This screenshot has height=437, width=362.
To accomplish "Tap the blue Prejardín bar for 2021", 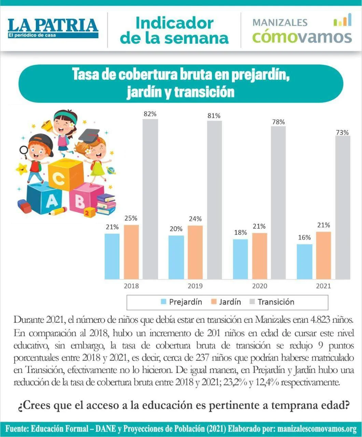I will (x=304, y=262).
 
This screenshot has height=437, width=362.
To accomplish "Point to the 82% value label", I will (x=150, y=114).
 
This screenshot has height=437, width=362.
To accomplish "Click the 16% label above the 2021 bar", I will (x=304, y=238).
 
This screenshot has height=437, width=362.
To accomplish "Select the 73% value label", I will (x=342, y=132).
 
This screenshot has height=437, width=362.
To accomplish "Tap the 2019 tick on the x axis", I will (x=195, y=286).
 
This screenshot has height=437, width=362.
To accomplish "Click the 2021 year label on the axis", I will (x=323, y=286).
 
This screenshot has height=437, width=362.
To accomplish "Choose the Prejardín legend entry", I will (x=181, y=302).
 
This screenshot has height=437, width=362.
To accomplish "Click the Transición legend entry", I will (x=271, y=302).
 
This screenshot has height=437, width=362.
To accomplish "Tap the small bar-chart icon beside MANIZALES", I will (x=342, y=20).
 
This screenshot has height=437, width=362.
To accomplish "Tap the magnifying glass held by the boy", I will (x=24, y=150).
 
